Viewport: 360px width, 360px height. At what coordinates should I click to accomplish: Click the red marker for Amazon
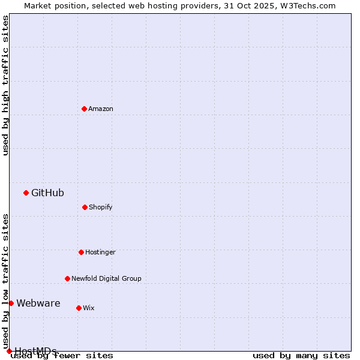click(85, 109)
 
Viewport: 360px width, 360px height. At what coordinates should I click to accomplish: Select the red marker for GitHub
click(26, 193)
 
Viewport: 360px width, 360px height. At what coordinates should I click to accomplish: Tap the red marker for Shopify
click(85, 207)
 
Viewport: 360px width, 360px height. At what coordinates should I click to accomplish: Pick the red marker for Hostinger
click(81, 252)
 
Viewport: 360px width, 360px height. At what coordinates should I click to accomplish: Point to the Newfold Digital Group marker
click(67, 278)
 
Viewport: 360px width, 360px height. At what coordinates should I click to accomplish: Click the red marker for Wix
click(79, 308)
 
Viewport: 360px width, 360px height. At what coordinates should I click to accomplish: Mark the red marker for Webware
click(11, 303)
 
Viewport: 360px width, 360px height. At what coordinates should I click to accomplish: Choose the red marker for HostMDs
click(9, 351)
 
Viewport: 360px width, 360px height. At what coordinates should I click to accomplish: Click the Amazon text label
click(101, 109)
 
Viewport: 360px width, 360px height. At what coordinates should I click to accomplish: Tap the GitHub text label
click(47, 193)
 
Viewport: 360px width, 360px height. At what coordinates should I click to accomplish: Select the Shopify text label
click(101, 207)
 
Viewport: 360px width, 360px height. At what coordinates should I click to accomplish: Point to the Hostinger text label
click(100, 252)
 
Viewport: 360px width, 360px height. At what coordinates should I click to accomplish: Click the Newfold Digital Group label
click(106, 278)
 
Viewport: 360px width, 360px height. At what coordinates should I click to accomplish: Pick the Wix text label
click(89, 308)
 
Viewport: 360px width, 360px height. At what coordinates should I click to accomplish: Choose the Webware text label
click(38, 303)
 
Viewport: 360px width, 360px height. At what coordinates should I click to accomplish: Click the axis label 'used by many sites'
click(301, 355)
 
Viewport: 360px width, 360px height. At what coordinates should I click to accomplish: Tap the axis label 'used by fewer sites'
click(62, 355)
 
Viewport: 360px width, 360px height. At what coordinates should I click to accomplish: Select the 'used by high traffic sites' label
click(5, 85)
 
